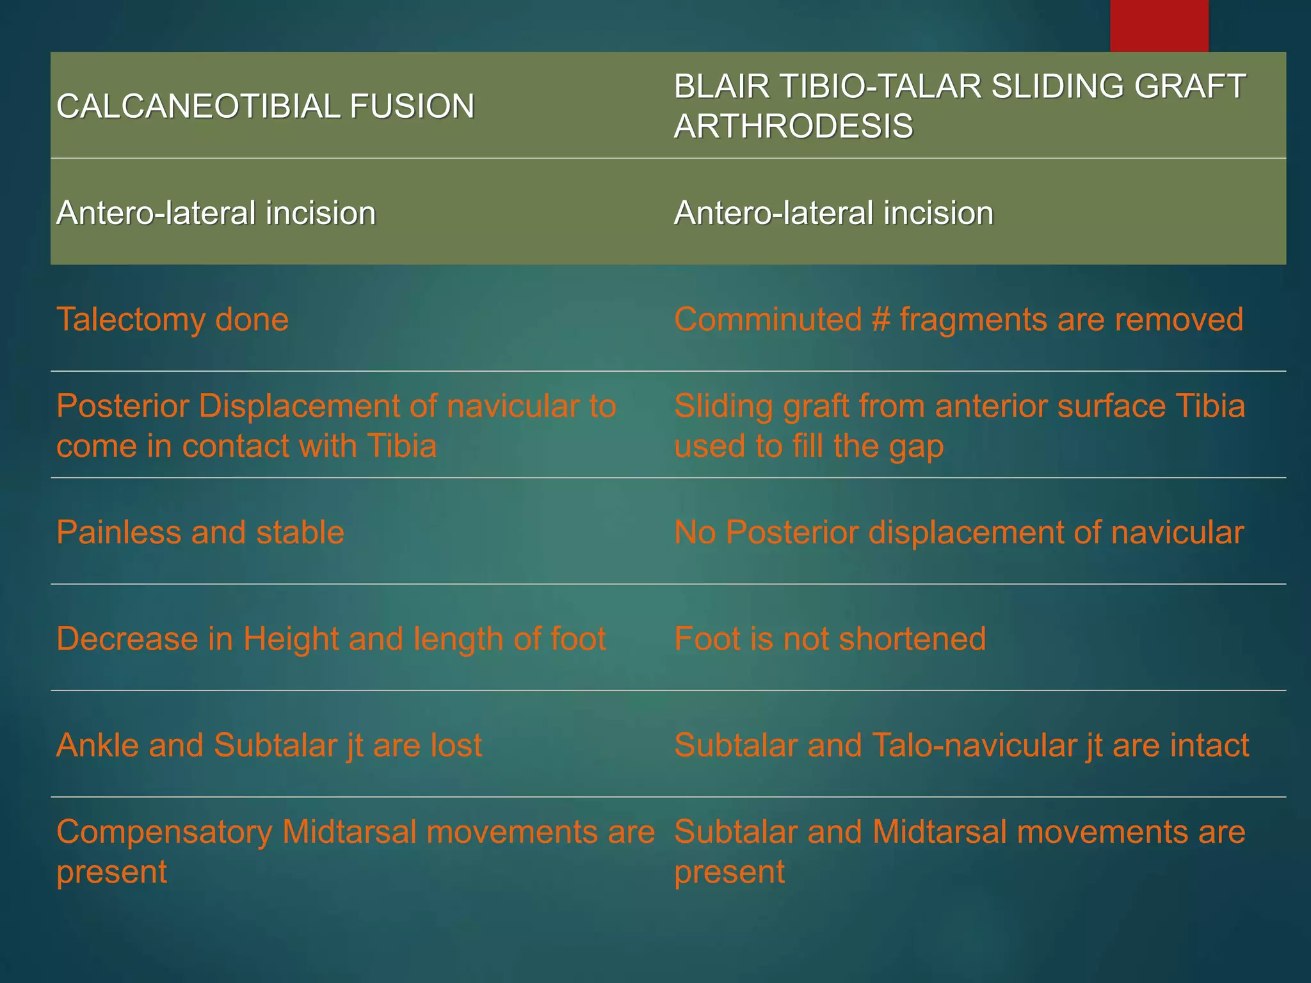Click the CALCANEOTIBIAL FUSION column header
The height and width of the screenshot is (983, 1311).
click(265, 106)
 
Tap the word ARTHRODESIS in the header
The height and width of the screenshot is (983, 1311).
click(793, 126)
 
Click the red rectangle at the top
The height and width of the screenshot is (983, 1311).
click(1159, 26)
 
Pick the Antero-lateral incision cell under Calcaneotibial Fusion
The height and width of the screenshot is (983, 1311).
click(216, 213)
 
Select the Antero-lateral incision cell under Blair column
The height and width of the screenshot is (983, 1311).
click(833, 213)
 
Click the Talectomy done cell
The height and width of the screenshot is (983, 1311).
click(172, 319)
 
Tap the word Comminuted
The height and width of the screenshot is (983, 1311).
click(768, 319)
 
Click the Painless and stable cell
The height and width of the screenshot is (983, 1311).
click(200, 532)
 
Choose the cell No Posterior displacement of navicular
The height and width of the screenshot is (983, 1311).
click(958, 532)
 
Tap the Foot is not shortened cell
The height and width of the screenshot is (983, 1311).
click(830, 639)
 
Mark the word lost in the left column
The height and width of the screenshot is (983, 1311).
click(456, 746)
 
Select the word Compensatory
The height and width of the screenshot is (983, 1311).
click(165, 833)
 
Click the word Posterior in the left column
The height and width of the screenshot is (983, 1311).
click(122, 406)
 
